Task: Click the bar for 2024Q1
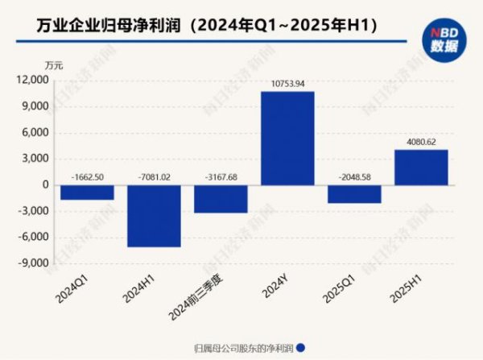pos(87,192)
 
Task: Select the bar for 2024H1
pos(154,216)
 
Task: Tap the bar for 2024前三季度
pos(221,199)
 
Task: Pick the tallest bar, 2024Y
pos(287,138)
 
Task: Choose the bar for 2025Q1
pos(354,194)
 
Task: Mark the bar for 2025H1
pos(421,167)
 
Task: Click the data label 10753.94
pos(287,83)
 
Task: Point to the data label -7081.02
pos(154,176)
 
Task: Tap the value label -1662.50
pos(87,176)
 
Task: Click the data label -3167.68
pos(221,176)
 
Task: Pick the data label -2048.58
pos(354,176)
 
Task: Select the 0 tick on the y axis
pos(45,185)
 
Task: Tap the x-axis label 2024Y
pos(282,291)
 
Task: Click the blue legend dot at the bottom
pos(301,348)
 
